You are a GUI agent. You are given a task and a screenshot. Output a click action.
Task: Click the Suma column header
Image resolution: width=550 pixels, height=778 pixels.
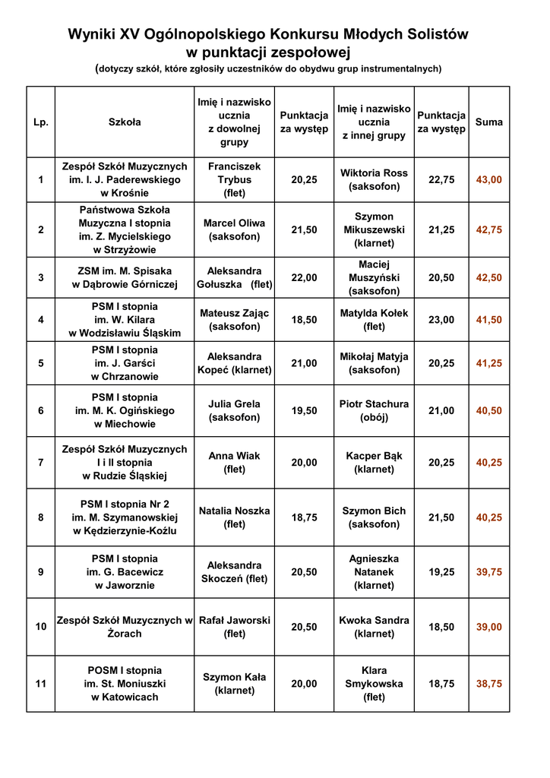[488, 122]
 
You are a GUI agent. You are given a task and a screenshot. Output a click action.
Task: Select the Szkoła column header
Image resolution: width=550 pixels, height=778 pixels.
[125, 122]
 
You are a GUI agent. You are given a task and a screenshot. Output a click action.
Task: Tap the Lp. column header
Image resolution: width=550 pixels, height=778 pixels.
[40, 122]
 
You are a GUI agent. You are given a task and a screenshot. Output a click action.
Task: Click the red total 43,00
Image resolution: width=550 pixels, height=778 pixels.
[488, 180]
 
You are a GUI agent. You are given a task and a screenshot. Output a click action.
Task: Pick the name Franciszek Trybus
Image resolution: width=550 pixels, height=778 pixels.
[234, 179]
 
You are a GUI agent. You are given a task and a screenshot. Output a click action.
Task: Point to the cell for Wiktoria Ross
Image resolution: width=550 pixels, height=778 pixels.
[374, 179]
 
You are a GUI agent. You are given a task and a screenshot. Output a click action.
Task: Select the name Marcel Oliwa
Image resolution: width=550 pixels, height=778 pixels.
[234, 229]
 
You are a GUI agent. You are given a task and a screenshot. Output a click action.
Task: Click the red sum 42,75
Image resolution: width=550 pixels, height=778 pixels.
[488, 230]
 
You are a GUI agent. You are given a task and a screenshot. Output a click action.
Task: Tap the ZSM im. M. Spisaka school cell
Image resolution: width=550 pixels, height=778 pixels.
[125, 277]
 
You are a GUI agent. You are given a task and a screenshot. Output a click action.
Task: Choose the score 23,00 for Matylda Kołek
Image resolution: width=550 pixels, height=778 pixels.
[441, 320]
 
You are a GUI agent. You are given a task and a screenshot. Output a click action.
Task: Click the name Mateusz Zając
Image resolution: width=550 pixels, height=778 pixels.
[234, 320]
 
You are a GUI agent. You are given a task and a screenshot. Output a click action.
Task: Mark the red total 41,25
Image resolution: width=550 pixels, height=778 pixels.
[488, 363]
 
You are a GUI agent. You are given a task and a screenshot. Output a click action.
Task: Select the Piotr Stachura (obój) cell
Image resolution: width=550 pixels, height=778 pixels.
[374, 410]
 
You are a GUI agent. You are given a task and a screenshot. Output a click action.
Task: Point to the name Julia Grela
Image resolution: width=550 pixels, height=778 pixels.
[234, 410]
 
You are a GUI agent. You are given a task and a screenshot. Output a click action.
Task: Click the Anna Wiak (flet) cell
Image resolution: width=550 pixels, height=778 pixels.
[234, 463]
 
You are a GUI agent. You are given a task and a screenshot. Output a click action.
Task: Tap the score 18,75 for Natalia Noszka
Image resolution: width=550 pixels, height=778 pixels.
[304, 517]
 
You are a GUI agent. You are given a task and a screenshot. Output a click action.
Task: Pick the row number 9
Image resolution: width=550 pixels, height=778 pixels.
[40, 572]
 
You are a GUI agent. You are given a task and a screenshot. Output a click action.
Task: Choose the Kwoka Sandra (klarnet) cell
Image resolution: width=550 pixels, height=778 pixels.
[374, 627]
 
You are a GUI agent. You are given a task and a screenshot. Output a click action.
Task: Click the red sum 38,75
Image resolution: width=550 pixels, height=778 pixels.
[488, 684]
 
